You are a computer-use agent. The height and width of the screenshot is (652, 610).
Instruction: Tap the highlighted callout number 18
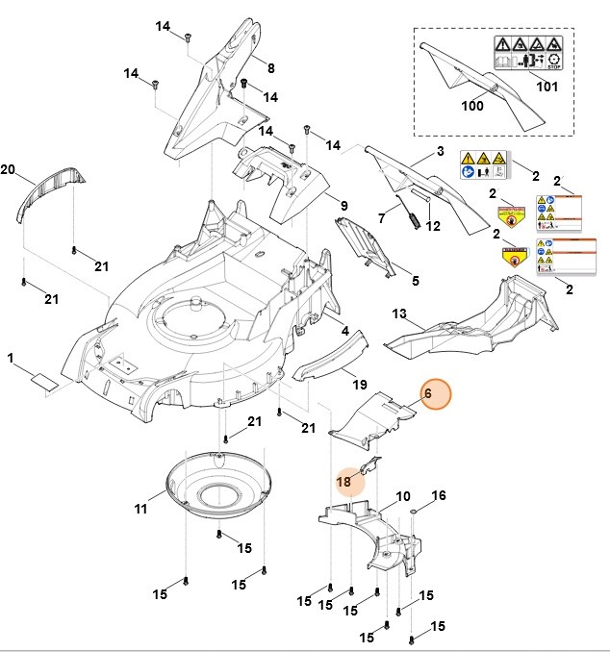point(344,481)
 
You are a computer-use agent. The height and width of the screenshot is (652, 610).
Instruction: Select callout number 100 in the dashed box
point(471,106)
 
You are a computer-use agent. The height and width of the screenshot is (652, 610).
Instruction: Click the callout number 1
point(11,359)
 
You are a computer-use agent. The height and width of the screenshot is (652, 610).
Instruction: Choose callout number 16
point(438,496)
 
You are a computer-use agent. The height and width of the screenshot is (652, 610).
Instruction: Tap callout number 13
point(399,314)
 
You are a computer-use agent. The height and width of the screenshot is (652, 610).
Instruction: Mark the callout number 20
point(8,170)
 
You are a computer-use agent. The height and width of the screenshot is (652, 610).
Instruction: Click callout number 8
point(270,68)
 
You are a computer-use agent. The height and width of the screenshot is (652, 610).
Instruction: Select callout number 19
point(359,384)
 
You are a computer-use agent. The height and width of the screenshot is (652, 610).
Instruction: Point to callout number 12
point(433,227)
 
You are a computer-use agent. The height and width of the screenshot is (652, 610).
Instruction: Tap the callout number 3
point(440,152)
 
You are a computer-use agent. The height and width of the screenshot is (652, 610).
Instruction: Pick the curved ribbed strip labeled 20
point(53,189)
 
